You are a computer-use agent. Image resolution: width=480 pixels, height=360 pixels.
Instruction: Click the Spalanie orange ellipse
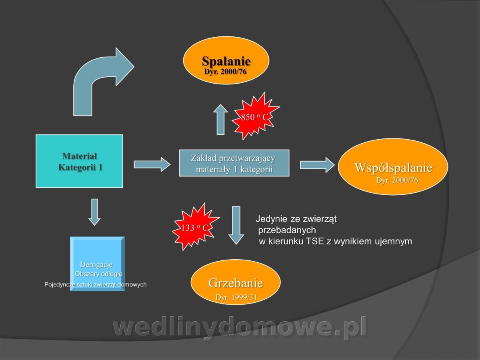click(x=226, y=60)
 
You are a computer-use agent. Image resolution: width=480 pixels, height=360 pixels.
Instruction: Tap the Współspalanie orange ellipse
click(x=393, y=166)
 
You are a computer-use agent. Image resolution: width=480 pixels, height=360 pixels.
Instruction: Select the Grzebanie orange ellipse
click(x=236, y=282)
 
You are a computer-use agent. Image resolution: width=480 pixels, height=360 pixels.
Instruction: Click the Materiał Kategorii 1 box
click(x=79, y=161)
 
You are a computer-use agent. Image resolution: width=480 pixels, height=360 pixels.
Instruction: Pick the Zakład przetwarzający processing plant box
click(x=234, y=163)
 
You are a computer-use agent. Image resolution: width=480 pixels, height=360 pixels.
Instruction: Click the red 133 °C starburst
click(x=195, y=227)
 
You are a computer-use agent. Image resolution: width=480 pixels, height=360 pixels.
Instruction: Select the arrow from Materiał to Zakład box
click(x=152, y=164)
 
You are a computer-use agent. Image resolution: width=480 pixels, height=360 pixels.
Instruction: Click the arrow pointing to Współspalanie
click(x=317, y=165)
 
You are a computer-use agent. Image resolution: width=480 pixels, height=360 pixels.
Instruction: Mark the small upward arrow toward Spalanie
click(x=221, y=120)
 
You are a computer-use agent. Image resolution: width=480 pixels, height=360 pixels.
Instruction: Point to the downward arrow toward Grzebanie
click(x=236, y=226)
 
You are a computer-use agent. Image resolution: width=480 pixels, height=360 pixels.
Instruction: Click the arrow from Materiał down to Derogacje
click(x=94, y=212)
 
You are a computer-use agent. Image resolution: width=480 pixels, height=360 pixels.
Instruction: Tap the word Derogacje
click(x=96, y=264)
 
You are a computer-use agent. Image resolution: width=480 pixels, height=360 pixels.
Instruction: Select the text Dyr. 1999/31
click(x=236, y=297)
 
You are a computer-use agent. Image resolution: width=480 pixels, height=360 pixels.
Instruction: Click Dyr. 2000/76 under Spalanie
click(x=225, y=72)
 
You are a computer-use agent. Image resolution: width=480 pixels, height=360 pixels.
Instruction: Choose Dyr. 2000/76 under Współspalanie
click(x=397, y=180)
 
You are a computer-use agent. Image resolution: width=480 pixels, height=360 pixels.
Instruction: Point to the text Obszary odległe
click(x=98, y=274)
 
